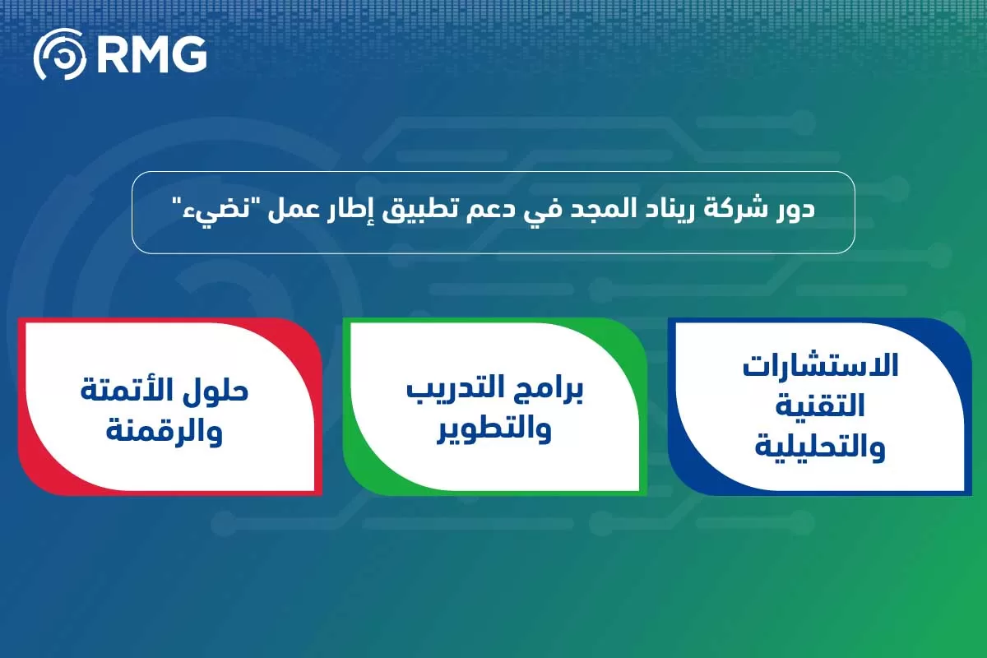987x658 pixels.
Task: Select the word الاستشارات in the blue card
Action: (x=820, y=367)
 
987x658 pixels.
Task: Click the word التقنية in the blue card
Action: (x=819, y=406)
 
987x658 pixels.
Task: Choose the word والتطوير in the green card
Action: (x=495, y=431)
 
